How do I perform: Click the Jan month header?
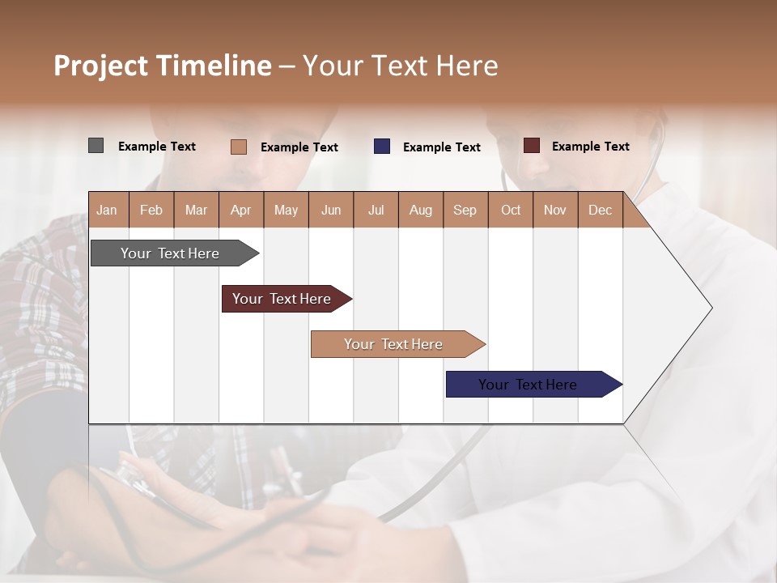coord(108,210)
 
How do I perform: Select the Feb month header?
coord(151,210)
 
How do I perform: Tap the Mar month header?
coord(196,210)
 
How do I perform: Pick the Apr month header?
coord(241,210)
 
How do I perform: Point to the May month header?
coord(286,210)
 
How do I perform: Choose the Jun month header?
coord(331,210)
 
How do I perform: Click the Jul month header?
coord(376,210)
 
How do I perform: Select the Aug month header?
coord(421,210)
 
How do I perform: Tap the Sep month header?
coord(465,210)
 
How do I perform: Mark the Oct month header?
coord(511,210)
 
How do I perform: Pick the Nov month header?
coord(555,210)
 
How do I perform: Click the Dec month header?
coord(601,210)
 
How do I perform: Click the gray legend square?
coord(96,146)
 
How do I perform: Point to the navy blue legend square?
coord(382,147)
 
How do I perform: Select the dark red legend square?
coord(532,146)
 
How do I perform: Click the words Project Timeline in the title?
coord(163,66)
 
